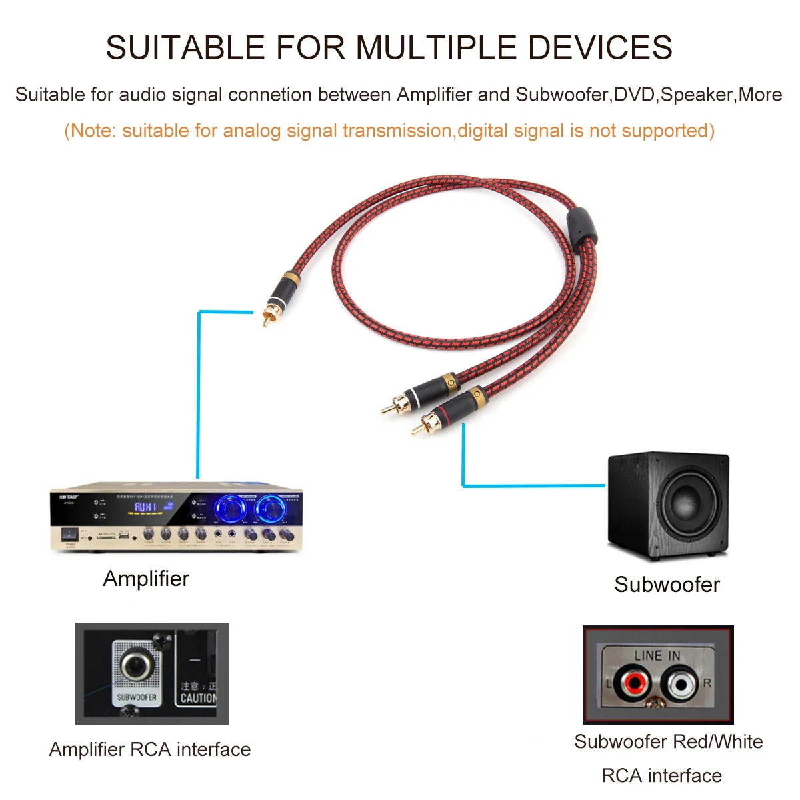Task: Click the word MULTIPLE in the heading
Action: (435, 48)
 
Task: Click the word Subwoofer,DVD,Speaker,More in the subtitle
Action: (649, 95)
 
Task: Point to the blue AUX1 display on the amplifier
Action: (146, 507)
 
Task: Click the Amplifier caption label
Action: (146, 579)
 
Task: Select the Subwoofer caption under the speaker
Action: (667, 585)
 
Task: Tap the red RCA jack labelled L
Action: (633, 683)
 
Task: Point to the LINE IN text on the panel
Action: (657, 656)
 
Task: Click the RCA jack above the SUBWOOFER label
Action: (136, 665)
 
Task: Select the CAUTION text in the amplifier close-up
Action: (198, 699)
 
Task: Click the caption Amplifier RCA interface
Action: (150, 750)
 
